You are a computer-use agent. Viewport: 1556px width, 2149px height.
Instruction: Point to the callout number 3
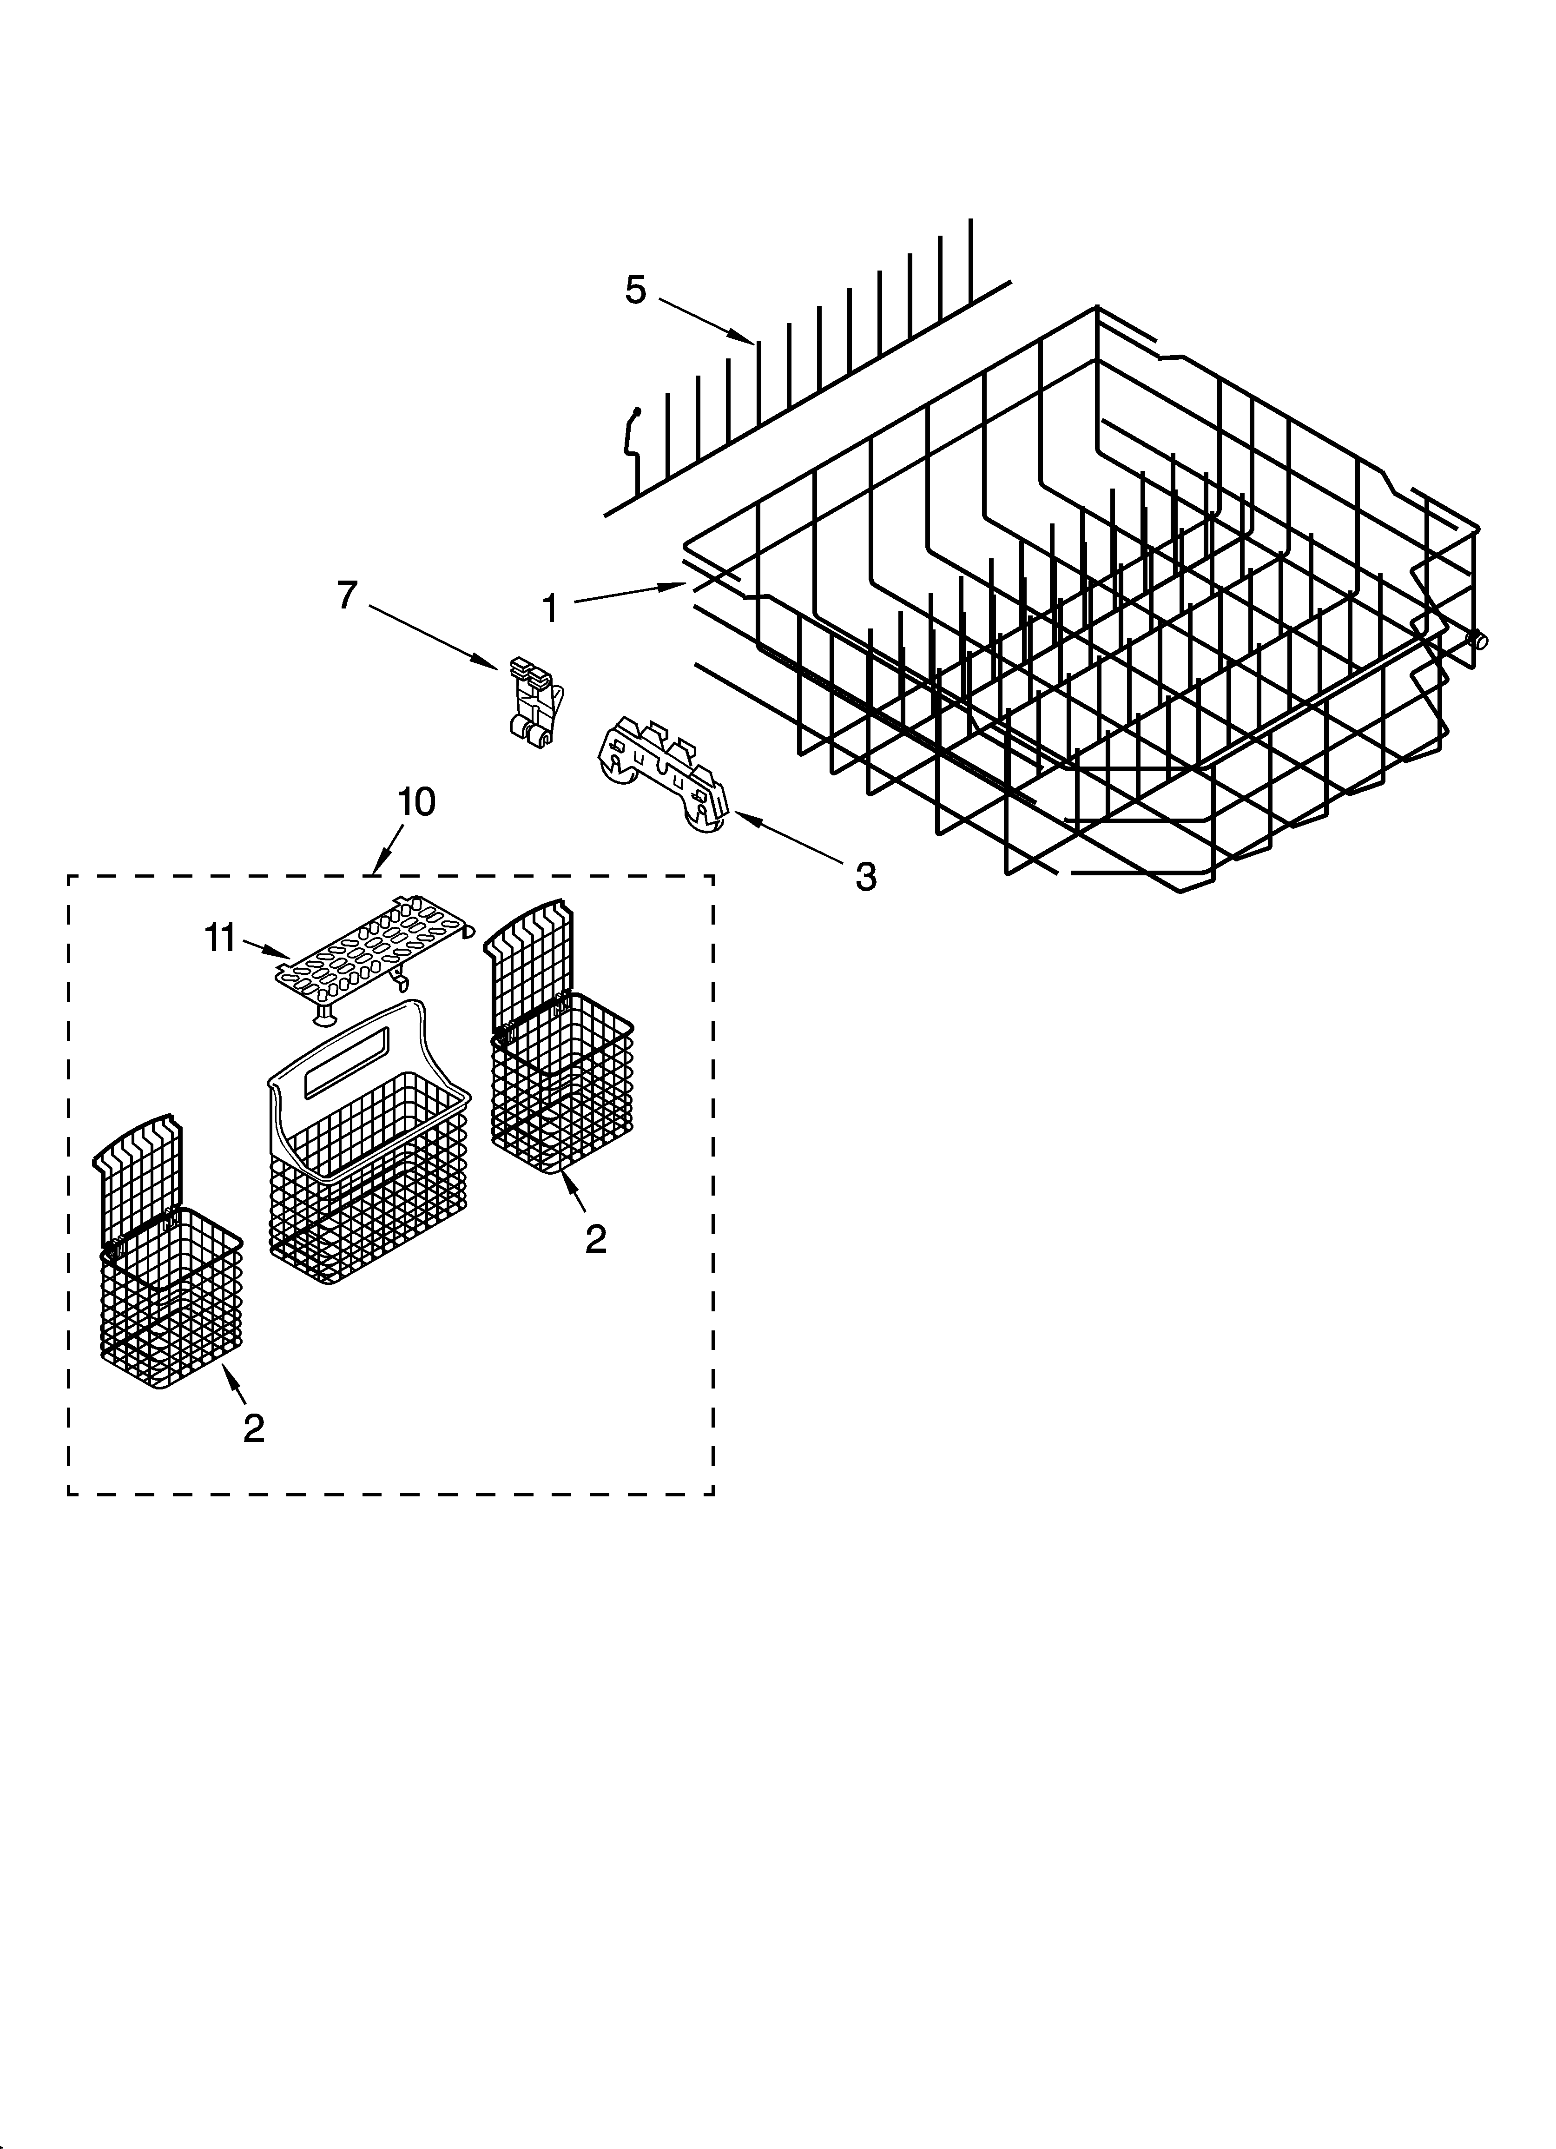(x=865, y=876)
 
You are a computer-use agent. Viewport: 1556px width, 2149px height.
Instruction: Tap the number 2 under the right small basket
(x=595, y=1238)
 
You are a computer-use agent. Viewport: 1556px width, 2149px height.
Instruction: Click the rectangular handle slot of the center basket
(x=343, y=1052)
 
